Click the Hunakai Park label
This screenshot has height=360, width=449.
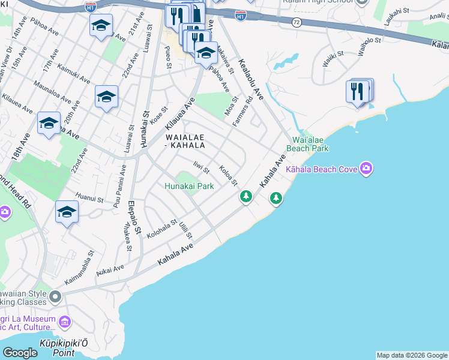189,186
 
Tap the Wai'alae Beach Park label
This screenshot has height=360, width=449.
307,144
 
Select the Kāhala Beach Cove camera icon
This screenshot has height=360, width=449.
366,169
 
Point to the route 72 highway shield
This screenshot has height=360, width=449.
297,21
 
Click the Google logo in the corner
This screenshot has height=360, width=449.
19,353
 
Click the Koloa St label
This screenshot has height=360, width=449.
228,175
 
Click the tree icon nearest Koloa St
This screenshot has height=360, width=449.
246,196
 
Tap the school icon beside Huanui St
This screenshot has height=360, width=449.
67,212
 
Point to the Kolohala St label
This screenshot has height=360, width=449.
161,229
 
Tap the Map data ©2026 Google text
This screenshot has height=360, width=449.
412,355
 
